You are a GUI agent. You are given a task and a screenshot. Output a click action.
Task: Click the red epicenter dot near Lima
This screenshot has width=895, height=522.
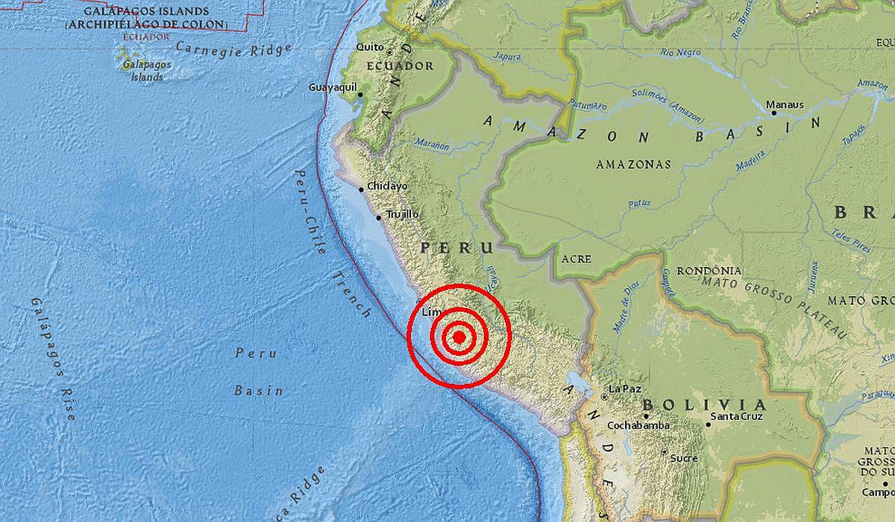pyautogui.click(x=459, y=337)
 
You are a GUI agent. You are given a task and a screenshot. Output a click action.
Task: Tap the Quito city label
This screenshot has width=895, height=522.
pyautogui.click(x=370, y=47)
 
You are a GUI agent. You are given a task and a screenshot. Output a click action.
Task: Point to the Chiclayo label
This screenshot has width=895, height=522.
pyautogui.click(x=387, y=186)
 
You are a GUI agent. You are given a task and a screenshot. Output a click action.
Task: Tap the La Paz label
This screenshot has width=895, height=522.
pyautogui.click(x=624, y=389)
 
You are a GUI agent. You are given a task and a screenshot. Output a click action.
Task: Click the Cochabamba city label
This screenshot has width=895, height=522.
pyautogui.click(x=638, y=426)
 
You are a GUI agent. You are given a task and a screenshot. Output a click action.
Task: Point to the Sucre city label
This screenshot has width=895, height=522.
pyautogui.click(x=684, y=458)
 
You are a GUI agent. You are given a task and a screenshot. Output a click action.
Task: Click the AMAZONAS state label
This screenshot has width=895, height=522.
pyautogui.click(x=633, y=164)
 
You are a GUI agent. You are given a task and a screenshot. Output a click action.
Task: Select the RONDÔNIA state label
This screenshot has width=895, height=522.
pyautogui.click(x=709, y=271)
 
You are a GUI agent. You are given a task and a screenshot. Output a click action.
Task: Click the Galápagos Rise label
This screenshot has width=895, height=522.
pyautogui.click(x=53, y=358)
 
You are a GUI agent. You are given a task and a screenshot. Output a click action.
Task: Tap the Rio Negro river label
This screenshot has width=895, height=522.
pyautogui.click(x=681, y=52)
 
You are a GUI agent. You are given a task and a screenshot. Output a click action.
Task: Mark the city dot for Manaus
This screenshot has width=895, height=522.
pyautogui.click(x=773, y=113)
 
